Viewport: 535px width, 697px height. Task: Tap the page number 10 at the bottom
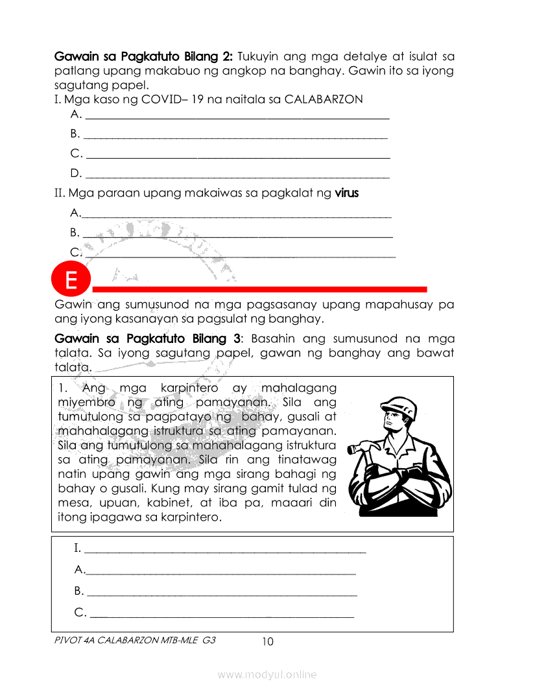click(267, 642)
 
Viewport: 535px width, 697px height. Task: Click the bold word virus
click(346, 193)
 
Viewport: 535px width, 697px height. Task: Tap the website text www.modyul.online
click(267, 674)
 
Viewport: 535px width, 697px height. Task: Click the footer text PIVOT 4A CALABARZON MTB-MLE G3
click(136, 639)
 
